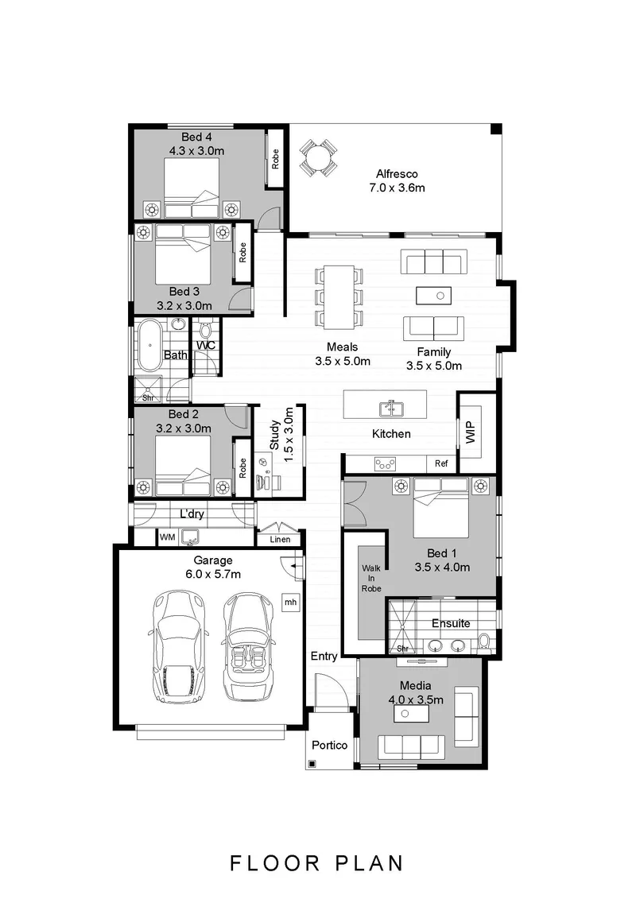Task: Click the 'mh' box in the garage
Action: tap(291, 602)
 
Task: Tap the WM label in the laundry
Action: tap(167, 537)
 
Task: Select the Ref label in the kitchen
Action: tap(441, 463)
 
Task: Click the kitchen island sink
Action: tap(392, 409)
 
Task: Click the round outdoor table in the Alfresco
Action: tap(318, 157)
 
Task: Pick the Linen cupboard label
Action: tap(280, 540)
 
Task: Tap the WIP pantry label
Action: tap(471, 432)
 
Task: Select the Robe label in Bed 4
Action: tap(275, 158)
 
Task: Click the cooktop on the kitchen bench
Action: tap(385, 463)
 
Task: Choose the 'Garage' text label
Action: tap(213, 560)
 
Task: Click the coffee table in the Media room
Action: tap(411, 714)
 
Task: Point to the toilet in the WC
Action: tap(205, 331)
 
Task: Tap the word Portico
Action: tap(330, 745)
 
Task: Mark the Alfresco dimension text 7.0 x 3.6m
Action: tap(397, 188)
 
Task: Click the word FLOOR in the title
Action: tap(275, 863)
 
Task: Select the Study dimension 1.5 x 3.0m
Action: tap(289, 435)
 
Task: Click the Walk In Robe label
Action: tap(371, 578)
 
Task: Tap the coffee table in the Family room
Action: tap(433, 296)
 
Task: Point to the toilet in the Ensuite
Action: tap(485, 643)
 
